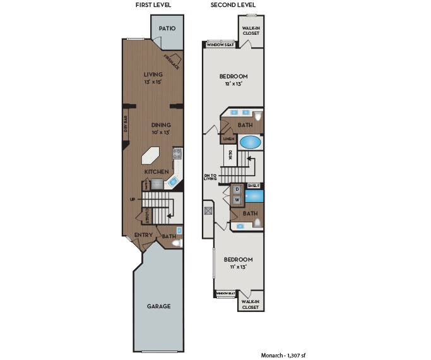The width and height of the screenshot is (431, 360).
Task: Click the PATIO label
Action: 167,28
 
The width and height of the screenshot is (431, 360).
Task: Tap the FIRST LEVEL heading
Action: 153,6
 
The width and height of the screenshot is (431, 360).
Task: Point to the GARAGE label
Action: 158,306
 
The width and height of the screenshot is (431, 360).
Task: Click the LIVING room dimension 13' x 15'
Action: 153,82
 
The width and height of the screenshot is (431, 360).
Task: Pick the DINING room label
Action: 160,125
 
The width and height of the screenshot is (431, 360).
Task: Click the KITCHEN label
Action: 156,172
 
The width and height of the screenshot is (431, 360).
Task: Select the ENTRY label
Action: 143,235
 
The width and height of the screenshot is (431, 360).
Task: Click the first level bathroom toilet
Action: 177,243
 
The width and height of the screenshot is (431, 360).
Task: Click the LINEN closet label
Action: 228,139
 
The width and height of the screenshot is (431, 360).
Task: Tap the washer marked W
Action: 237,200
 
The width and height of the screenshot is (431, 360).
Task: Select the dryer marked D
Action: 237,189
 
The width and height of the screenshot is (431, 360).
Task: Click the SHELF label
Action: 253,186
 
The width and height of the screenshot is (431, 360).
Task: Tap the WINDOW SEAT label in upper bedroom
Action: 221,45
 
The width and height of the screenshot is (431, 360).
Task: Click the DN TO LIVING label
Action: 210,177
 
